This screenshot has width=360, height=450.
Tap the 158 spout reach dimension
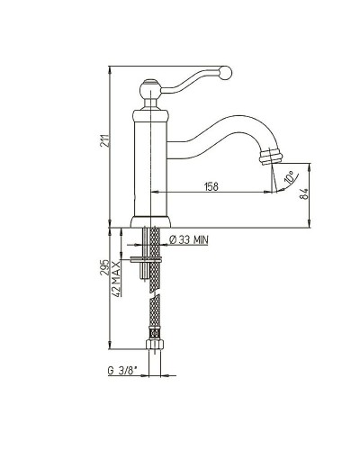click(x=211, y=186)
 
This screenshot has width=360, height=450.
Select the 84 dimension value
click(x=303, y=194)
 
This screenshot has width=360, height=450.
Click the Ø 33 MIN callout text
click(x=189, y=239)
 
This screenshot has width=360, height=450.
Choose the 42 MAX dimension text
click(x=117, y=279)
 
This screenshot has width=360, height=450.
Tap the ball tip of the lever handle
click(x=225, y=73)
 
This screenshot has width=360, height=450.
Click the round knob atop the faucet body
click(x=149, y=89)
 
